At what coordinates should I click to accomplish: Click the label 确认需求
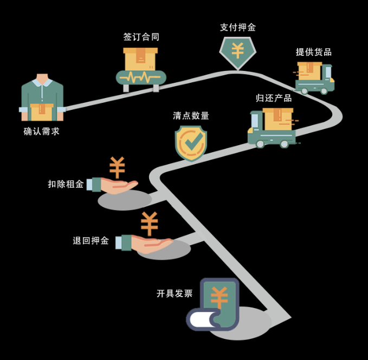point(42,131)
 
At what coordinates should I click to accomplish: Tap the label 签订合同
point(141,37)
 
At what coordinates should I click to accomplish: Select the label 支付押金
point(238,27)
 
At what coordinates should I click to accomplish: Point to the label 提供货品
point(314,52)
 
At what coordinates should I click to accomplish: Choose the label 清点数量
point(191,115)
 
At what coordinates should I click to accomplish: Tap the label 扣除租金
point(66,184)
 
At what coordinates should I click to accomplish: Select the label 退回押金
point(91,241)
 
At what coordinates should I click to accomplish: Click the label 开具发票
point(175,293)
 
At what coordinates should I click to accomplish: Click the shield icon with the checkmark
point(191,143)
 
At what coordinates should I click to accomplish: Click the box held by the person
point(42,112)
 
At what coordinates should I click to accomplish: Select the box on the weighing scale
point(140,59)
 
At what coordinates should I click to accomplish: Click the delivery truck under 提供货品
point(314,77)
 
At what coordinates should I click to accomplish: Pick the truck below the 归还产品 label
point(273,128)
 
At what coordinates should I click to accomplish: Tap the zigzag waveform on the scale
point(140,77)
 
